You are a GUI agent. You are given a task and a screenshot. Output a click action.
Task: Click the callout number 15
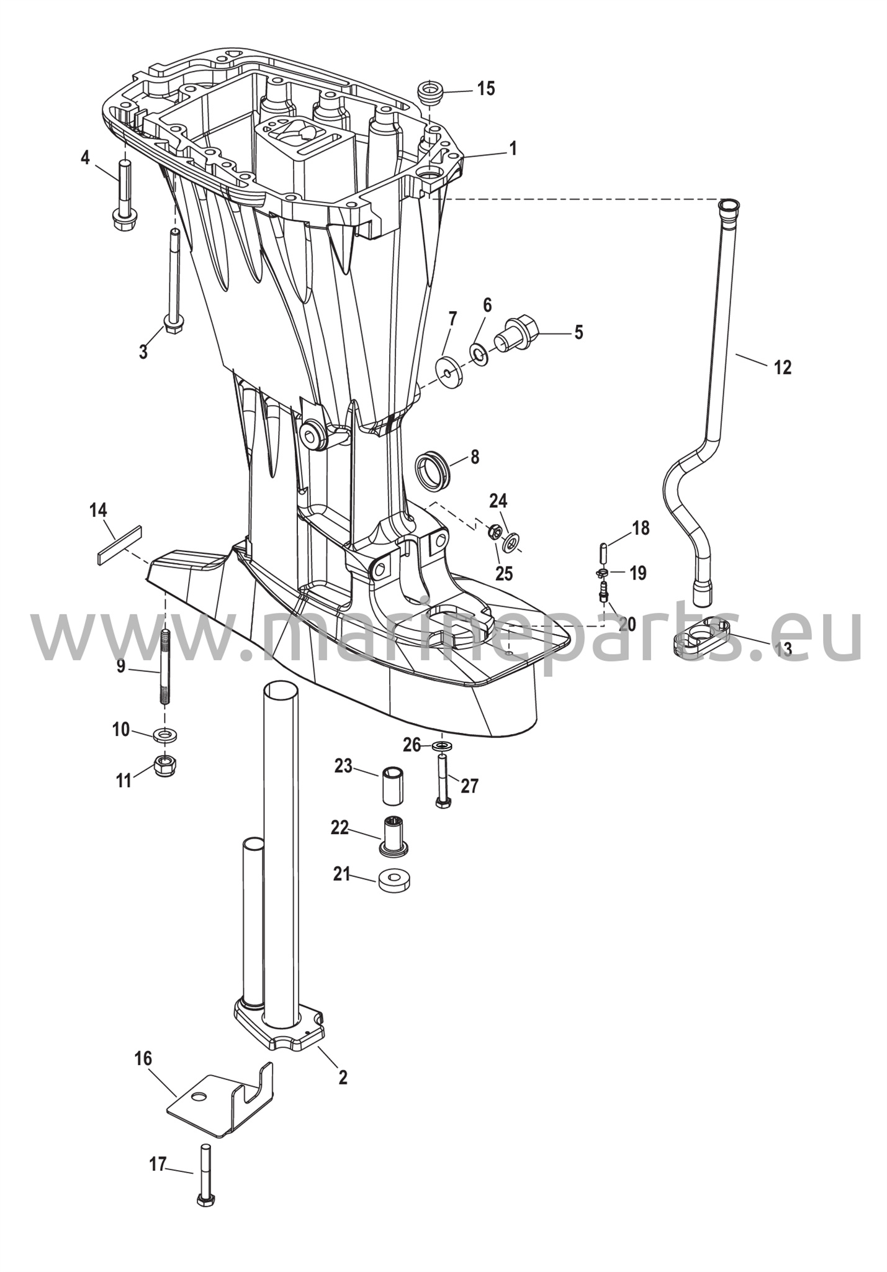486,89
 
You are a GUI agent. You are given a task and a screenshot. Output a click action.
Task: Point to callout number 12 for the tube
783,368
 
